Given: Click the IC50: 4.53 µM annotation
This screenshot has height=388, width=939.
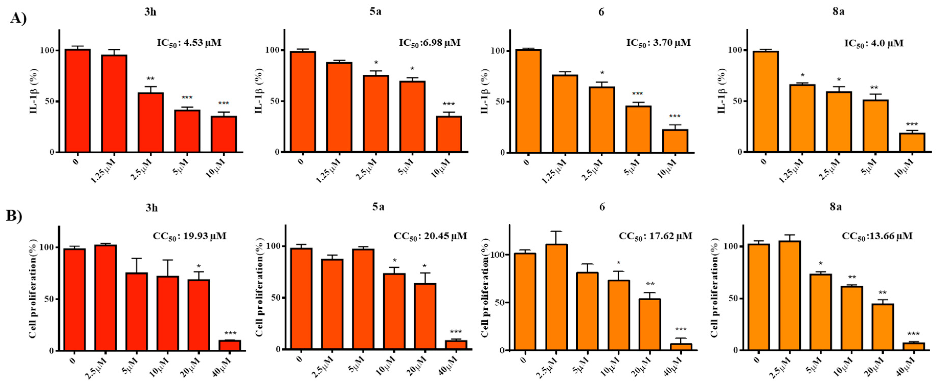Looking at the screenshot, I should point(189,43).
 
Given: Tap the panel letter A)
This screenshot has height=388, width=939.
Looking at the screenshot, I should point(18,18).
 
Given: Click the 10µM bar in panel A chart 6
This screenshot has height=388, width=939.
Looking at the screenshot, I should point(675,141).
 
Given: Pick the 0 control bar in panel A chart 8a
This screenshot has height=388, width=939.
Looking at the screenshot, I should point(765,102).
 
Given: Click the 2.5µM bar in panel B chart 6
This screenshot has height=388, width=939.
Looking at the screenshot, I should point(556,297).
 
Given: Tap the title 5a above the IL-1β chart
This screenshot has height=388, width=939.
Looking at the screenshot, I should point(375,12).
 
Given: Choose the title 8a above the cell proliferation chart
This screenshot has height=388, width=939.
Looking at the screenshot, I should point(835,207).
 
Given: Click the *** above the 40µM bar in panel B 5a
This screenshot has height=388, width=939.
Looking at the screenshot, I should point(456,332).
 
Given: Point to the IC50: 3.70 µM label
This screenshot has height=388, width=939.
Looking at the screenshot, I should point(658,43).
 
